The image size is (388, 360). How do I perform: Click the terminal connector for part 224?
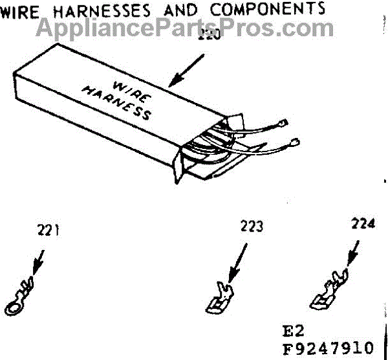click(x=329, y=291)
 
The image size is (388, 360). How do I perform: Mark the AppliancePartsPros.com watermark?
click(x=186, y=28)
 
